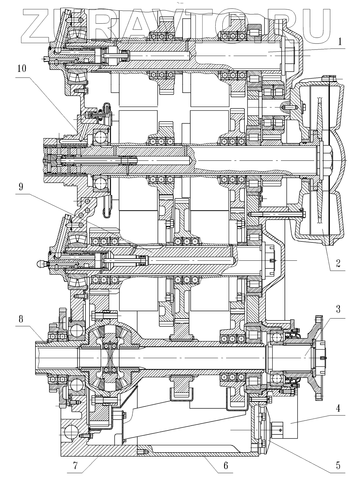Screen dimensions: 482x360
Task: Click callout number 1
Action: pyautogui.click(x=340, y=42)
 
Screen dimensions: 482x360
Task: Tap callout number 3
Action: pyautogui.click(x=338, y=310)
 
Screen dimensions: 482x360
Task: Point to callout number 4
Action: pyautogui.click(x=338, y=408)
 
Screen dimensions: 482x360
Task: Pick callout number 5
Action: pyautogui.click(x=338, y=466)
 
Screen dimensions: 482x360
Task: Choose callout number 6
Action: pyautogui.click(x=226, y=466)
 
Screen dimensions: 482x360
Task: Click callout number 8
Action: pyautogui.click(x=21, y=319)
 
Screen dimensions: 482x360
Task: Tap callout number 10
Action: pyautogui.click(x=22, y=69)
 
